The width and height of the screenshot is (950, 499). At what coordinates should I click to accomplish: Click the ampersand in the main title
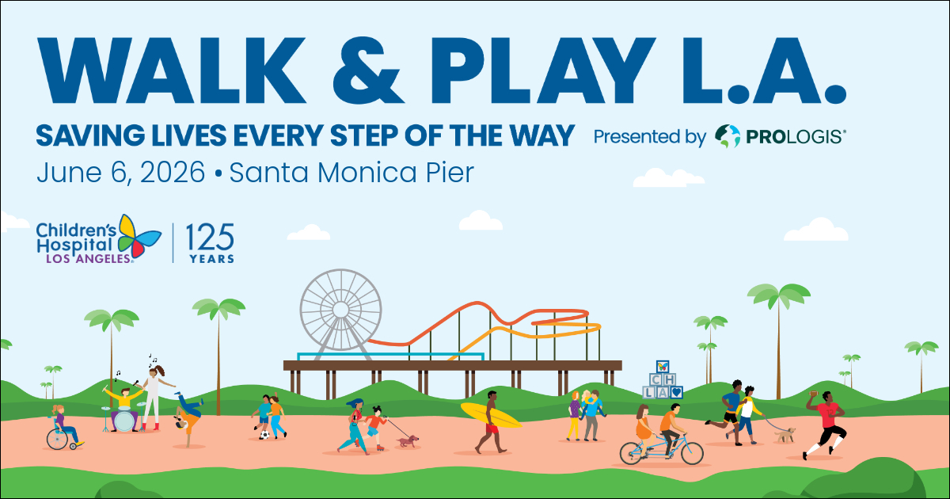[368, 70]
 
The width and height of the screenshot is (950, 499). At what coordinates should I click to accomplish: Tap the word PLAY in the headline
[544, 70]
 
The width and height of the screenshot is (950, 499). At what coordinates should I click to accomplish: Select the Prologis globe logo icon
[728, 136]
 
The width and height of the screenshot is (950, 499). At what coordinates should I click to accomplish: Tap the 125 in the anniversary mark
[210, 237]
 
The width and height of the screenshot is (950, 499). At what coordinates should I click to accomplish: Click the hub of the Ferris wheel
[340, 310]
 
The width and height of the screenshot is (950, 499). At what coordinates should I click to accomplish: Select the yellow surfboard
[491, 415]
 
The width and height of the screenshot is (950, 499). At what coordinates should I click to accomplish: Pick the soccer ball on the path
[264, 435]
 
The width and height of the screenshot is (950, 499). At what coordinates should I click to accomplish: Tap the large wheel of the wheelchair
[57, 439]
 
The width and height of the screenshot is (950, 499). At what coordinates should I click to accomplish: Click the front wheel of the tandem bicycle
[691, 452]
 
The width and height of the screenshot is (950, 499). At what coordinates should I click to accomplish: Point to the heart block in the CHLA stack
[676, 392]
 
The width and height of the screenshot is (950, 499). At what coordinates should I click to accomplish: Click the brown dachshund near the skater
[408, 441]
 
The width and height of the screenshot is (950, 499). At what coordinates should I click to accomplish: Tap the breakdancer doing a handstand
[188, 417]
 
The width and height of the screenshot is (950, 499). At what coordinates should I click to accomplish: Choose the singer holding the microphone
[153, 398]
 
